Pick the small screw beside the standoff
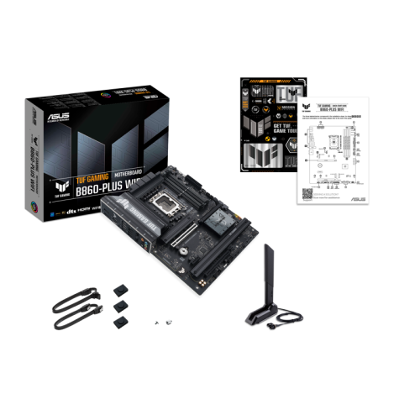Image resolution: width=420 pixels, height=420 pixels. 169,322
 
